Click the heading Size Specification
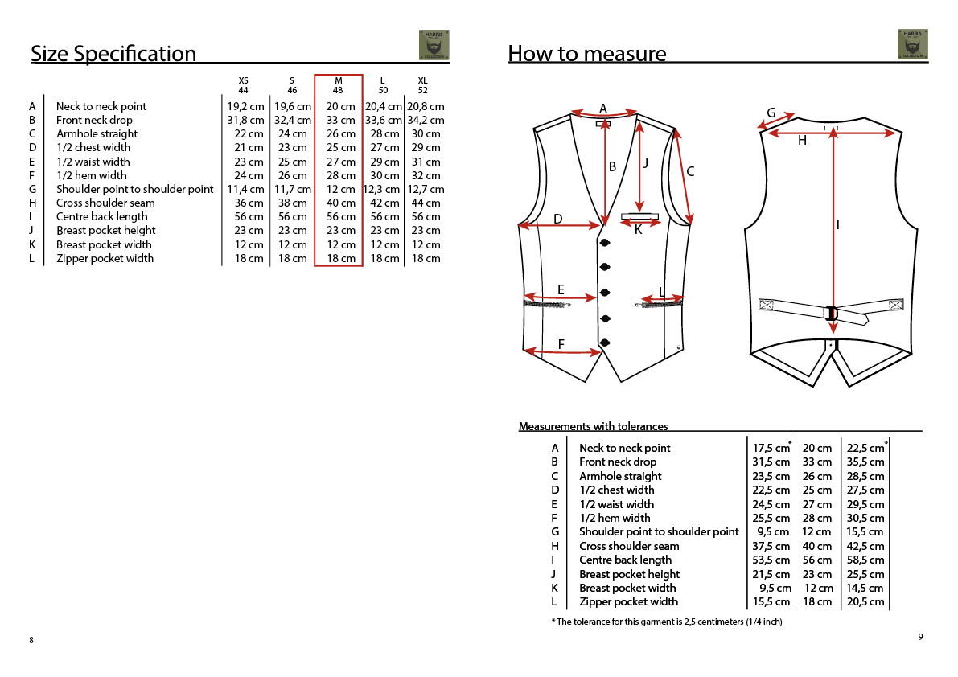tap(113, 54)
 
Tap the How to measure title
tap(587, 54)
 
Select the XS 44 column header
tap(244, 85)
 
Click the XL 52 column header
tap(423, 85)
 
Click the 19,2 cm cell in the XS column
tap(245, 106)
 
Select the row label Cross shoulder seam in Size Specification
tap(105, 203)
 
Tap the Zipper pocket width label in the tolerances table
tap(628, 601)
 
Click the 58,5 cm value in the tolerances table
tap(865, 560)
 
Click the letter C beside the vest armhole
tap(690, 171)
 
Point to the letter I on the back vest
tap(838, 225)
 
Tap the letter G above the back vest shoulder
tap(771, 113)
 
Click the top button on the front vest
tap(605, 243)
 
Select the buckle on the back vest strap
tap(832, 313)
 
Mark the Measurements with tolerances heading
tap(593, 426)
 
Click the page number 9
tap(920, 637)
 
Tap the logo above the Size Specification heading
tap(434, 45)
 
